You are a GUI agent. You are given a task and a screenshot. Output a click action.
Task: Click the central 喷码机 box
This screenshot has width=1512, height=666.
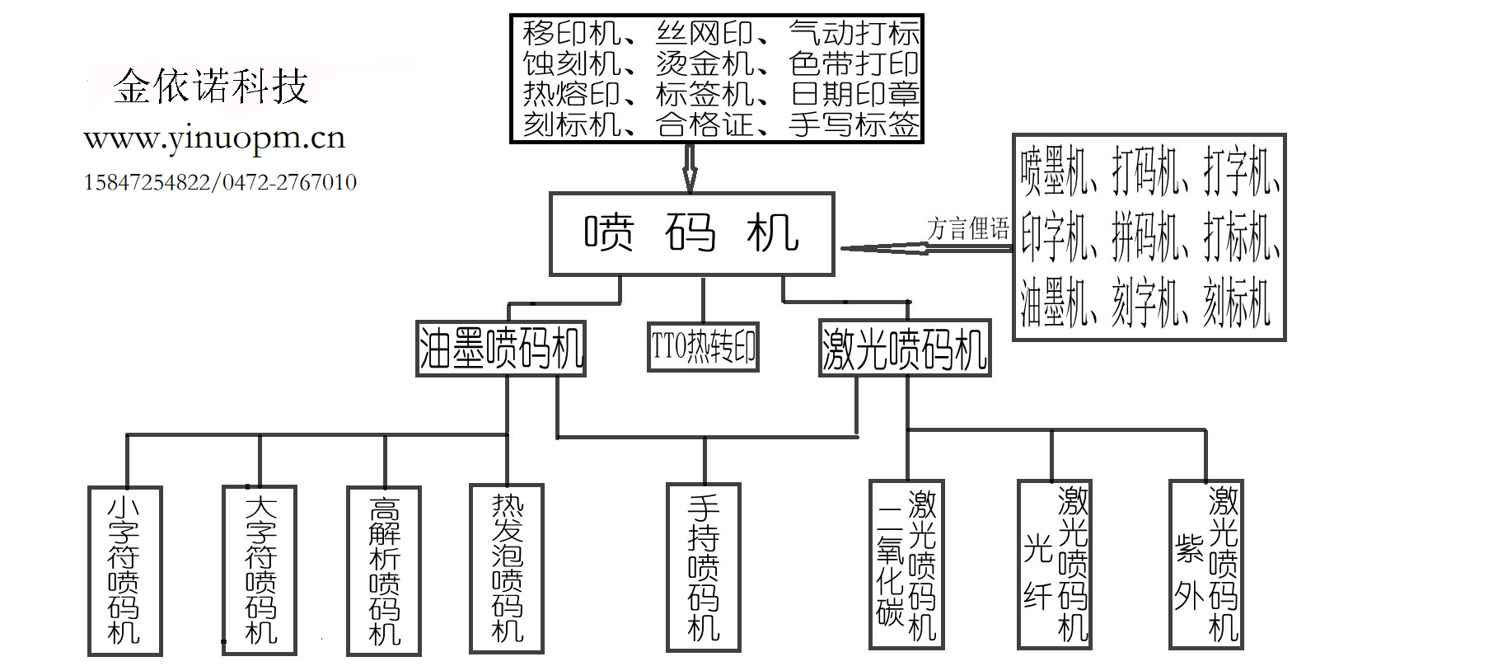[691, 233]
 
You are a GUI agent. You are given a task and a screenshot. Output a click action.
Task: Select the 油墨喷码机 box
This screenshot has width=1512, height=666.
[500, 349]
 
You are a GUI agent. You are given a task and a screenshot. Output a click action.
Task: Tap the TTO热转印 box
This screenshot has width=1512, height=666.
[703, 347]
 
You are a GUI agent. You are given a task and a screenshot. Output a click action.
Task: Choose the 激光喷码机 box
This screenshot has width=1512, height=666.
[904, 349]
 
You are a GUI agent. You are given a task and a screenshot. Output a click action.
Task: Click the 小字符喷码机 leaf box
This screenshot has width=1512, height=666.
[124, 570]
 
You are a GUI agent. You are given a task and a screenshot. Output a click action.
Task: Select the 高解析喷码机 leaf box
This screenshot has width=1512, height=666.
[384, 570]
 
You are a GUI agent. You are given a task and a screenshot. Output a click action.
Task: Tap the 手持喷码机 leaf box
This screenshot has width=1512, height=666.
[704, 569]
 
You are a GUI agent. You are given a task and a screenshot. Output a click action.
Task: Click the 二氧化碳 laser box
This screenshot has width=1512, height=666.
[906, 565]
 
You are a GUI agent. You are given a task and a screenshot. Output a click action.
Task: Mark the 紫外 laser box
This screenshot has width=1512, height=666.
[1206, 565]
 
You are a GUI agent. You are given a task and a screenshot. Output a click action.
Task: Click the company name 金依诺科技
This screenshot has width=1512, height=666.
[210, 87]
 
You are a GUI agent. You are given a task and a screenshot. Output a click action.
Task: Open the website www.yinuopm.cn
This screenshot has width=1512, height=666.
[214, 138]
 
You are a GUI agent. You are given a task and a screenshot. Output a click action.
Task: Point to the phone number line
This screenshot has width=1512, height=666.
[220, 182]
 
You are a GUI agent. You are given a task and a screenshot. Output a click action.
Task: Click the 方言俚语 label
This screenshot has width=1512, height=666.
[967, 228]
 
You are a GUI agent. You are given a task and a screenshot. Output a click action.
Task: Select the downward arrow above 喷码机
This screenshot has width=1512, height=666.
[690, 168]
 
